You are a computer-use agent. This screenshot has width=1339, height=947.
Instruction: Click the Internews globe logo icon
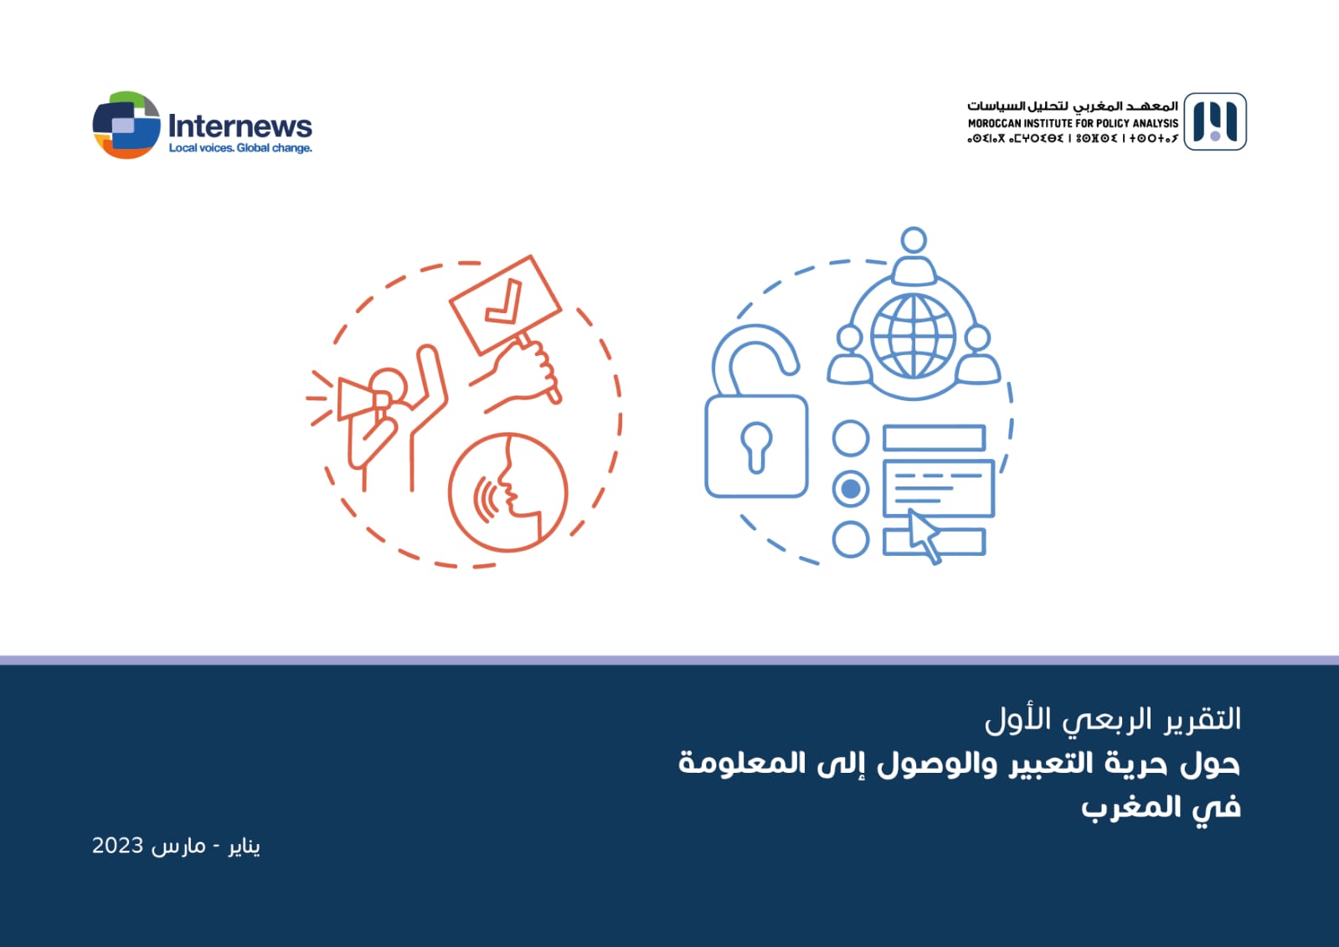126,125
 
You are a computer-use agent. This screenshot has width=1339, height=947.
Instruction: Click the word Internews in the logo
239,126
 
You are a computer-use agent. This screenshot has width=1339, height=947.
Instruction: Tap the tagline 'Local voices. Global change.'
240,147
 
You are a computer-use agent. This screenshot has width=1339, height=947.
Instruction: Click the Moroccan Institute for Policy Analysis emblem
1215,121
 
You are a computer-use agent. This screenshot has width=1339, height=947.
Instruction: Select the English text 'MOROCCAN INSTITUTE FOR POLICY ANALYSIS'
1073,124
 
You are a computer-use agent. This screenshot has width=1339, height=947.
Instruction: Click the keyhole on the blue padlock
756,446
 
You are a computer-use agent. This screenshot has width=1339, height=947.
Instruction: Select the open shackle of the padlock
754,358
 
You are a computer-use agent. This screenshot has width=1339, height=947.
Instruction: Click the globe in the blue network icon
913,337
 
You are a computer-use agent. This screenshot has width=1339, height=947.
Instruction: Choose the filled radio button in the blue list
851,489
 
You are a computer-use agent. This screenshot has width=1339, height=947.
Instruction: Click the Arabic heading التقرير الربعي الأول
1113,719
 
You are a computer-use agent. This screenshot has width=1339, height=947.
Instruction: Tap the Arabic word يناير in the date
244,847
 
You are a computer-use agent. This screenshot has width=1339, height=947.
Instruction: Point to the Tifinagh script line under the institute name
1073,139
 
